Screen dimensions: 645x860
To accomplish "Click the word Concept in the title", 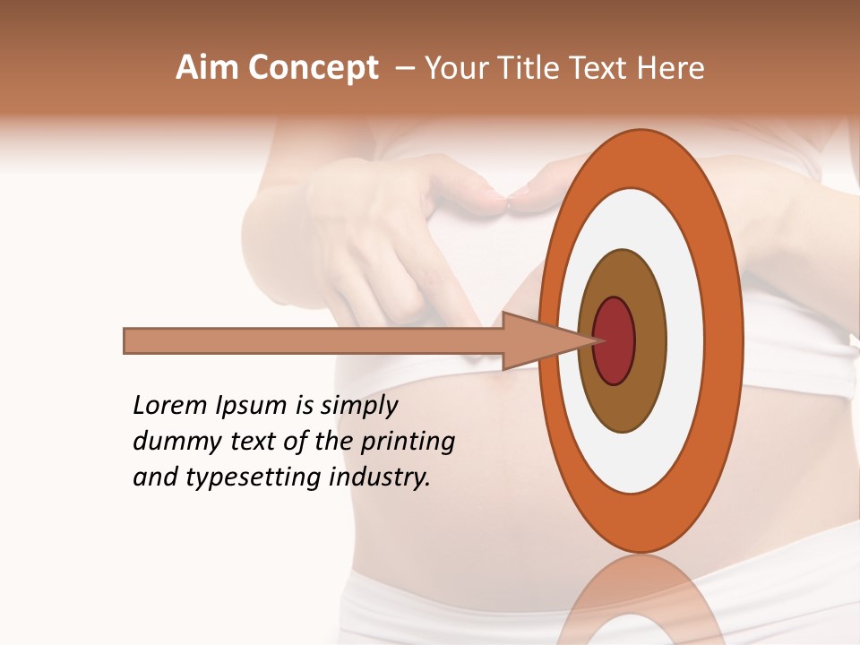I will click(314, 68).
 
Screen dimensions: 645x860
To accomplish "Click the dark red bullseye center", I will click(615, 341).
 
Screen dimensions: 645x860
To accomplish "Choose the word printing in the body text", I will click(408, 443).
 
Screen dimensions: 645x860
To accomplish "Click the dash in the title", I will click(405, 69).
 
